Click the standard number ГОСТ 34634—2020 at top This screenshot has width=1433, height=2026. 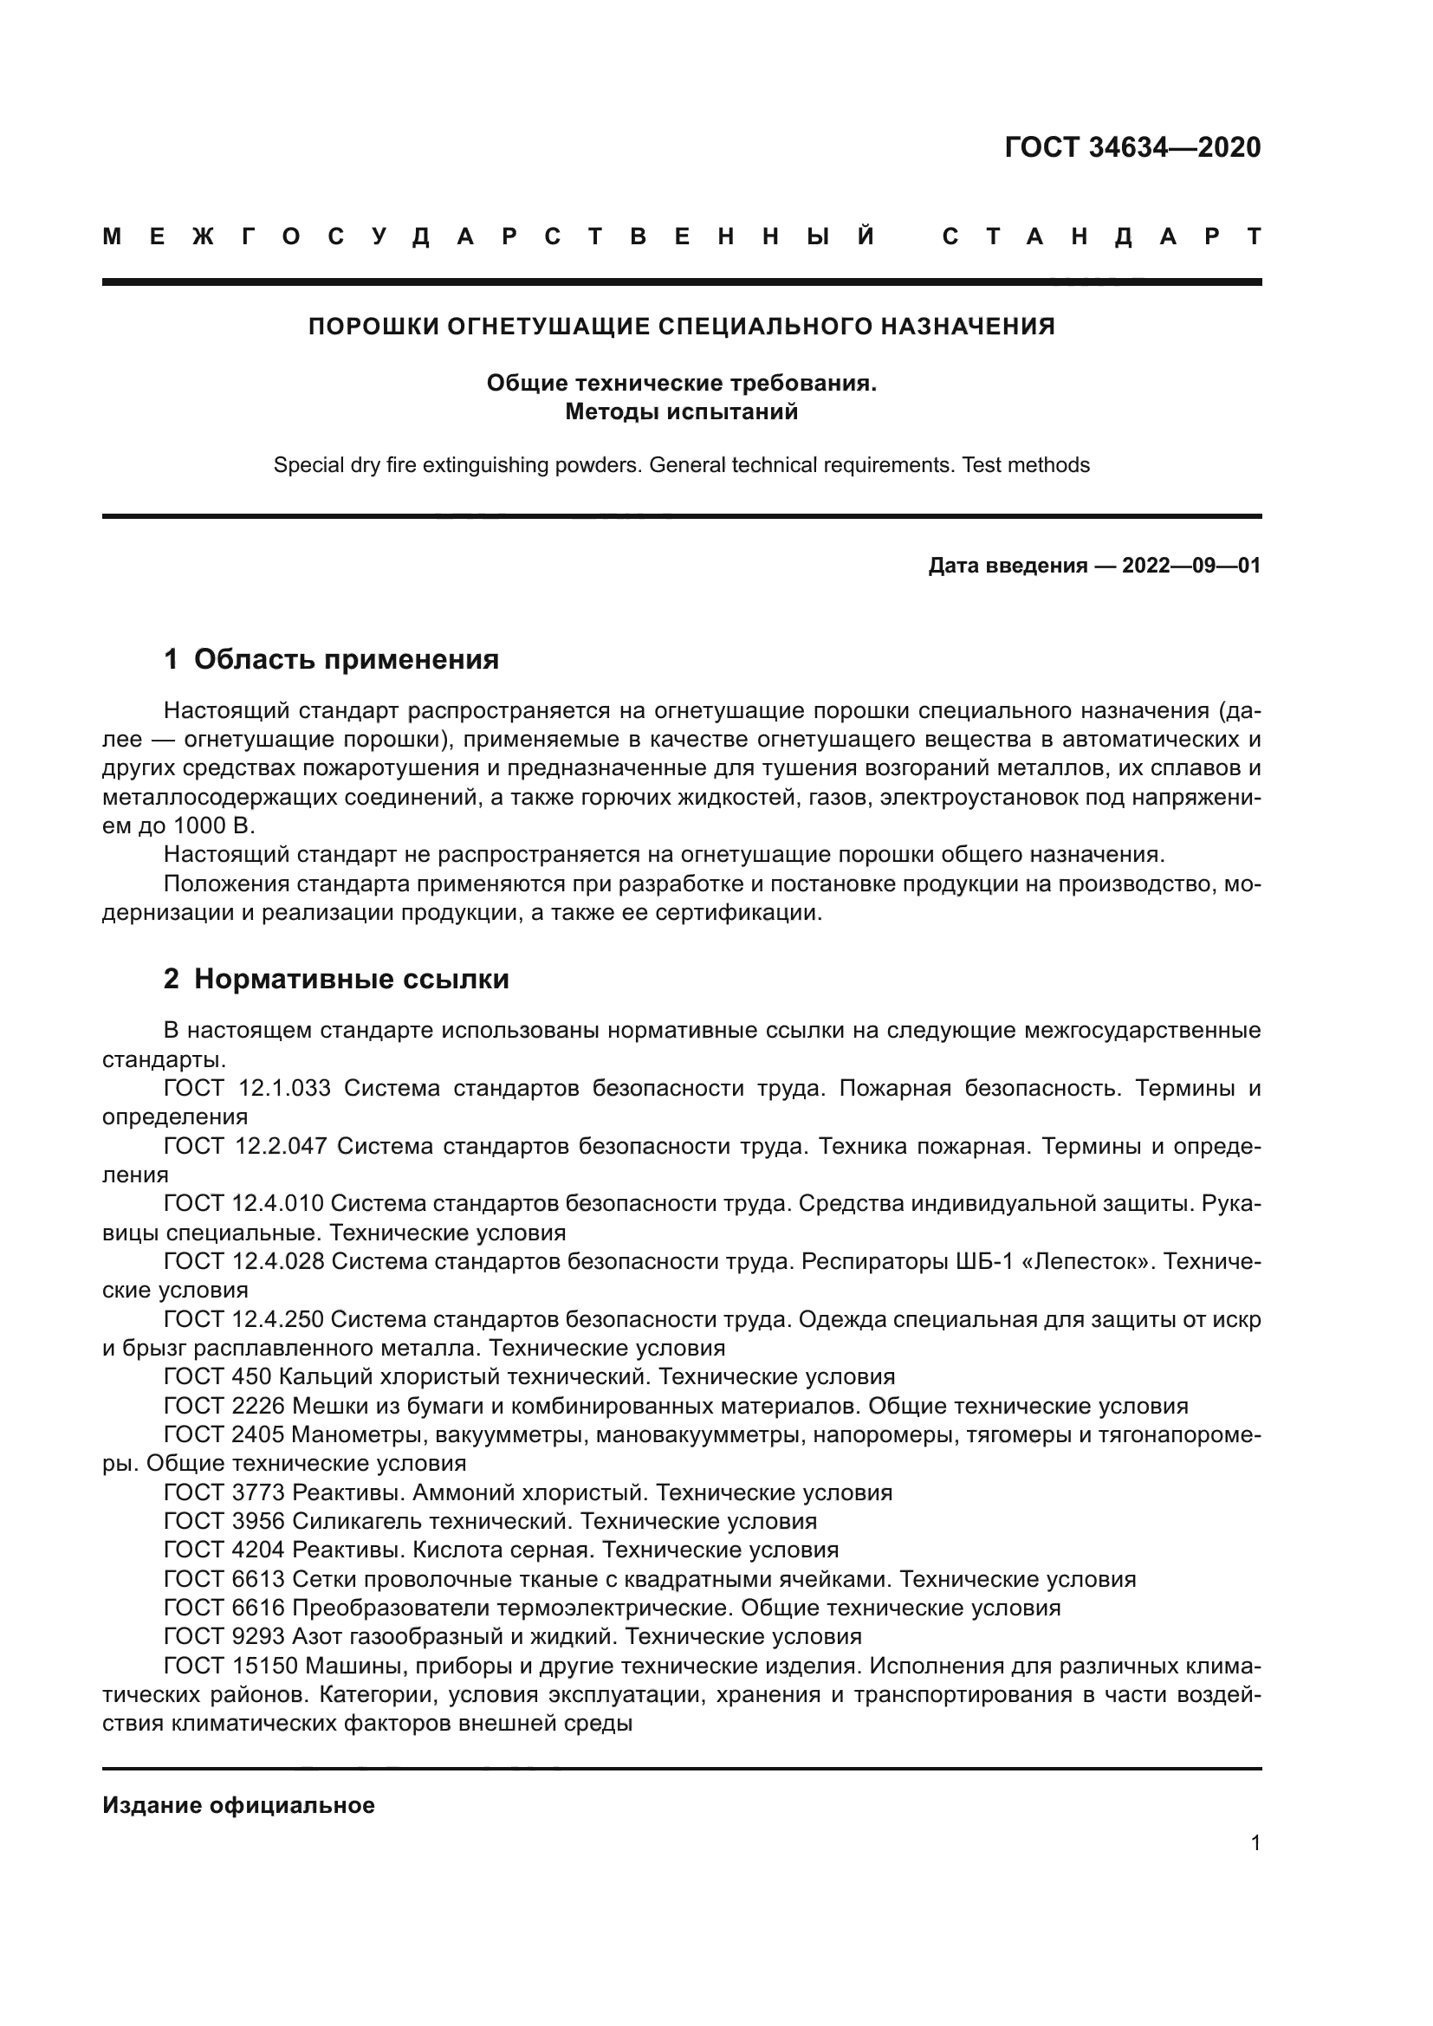point(1132,147)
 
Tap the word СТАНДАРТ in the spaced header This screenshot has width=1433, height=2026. point(1102,236)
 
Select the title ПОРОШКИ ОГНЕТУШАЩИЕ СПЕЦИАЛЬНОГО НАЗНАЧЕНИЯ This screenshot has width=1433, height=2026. point(681,327)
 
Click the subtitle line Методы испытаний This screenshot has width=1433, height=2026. point(681,411)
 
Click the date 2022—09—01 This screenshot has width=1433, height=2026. point(1191,566)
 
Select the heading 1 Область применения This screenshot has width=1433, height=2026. point(331,659)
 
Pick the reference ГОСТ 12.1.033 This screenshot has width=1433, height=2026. point(246,1088)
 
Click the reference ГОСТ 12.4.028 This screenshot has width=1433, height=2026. point(243,1262)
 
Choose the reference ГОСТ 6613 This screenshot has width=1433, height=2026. point(224,1580)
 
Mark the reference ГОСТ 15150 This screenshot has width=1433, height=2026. point(231,1666)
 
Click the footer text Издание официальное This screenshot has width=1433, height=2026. point(238,1805)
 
